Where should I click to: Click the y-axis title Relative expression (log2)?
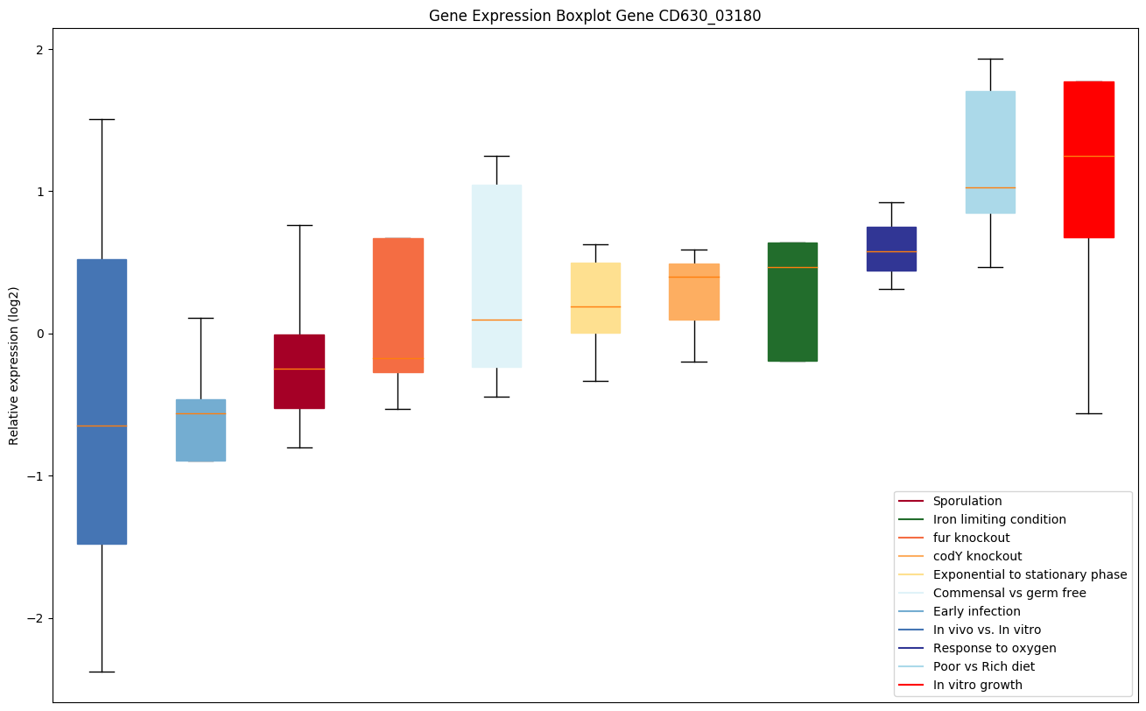pos(14,365)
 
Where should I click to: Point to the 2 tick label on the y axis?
pos(39,50)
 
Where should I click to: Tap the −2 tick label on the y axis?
pos(35,618)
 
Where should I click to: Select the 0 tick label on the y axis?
pos(39,334)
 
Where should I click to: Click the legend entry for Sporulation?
pos(967,501)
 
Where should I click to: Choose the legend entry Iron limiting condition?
pos(999,519)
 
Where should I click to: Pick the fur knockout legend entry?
pos(971,538)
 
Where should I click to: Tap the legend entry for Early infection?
pos(976,611)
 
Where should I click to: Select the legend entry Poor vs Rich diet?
pos(983,666)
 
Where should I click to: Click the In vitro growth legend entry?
pos(977,685)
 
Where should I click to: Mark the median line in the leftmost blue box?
pos(102,426)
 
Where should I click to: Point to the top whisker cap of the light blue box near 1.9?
pos(990,59)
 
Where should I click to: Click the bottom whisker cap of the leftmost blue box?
pos(102,672)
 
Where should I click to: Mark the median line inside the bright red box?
pos(1088,156)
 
